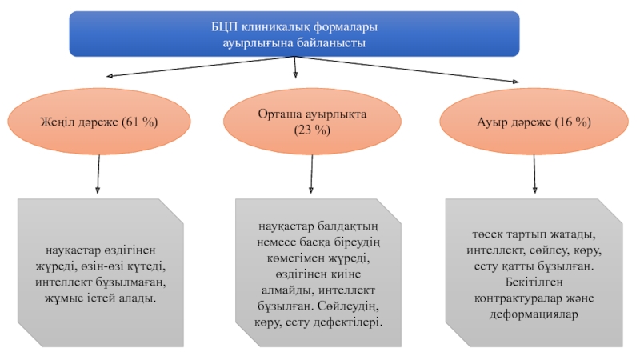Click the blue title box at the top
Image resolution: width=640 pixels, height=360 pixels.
point(294,34)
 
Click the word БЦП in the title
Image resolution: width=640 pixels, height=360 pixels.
point(225,27)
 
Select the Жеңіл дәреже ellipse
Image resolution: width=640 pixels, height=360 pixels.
point(99,122)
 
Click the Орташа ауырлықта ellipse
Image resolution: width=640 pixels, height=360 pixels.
point(312,122)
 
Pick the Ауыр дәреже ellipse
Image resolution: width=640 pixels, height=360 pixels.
point(534,122)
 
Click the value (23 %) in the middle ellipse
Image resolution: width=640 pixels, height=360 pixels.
point(312,130)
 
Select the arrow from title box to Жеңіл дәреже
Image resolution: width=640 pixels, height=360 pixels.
point(200,66)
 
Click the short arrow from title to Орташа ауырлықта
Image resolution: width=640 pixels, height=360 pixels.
point(295,67)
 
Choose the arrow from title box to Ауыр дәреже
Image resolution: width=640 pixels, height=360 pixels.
point(406,70)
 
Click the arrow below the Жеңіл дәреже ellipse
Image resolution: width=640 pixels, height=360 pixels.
point(98,174)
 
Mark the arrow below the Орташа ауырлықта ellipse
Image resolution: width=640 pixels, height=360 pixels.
point(311,174)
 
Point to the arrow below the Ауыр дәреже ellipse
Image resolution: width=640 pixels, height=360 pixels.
point(534,174)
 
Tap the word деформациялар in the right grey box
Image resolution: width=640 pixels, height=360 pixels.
point(534,314)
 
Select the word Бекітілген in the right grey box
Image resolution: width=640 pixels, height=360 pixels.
point(534,282)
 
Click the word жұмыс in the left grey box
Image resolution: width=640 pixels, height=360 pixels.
point(64,298)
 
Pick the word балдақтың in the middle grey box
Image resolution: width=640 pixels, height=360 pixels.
point(348,226)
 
